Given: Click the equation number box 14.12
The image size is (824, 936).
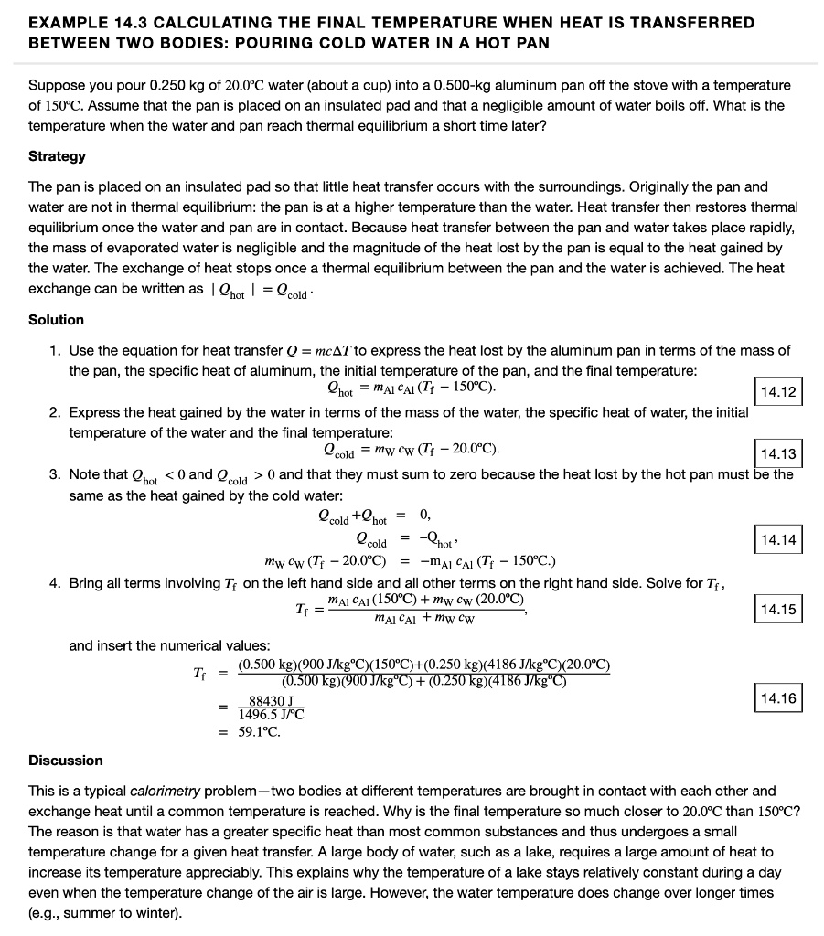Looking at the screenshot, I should [x=778, y=394].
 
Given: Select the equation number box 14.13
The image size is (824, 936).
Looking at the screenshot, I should [x=778, y=454].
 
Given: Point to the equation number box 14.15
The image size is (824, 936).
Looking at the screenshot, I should [x=778, y=609].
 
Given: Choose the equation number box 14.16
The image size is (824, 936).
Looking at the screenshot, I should [x=778, y=699].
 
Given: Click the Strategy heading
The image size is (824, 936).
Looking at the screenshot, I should [x=57, y=156].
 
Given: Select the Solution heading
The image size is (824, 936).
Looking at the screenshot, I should [x=56, y=320].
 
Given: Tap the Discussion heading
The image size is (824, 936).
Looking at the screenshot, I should [x=66, y=760].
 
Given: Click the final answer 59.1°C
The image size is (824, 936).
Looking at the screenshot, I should [x=259, y=732].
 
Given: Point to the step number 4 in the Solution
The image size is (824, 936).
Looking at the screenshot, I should [x=55, y=583].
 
